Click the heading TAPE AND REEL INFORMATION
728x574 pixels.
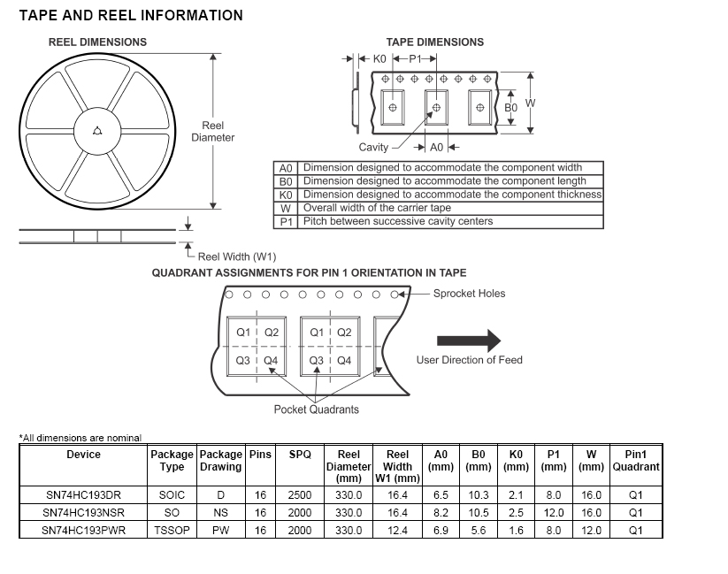(131, 16)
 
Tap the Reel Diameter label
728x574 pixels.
(213, 132)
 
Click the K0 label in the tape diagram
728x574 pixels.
(379, 59)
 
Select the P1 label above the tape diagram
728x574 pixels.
(415, 59)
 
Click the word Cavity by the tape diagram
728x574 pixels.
(373, 147)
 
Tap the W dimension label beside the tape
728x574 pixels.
(530, 103)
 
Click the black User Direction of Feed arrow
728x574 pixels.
(469, 341)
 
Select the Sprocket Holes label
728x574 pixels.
(469, 294)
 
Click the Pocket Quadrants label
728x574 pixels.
(317, 409)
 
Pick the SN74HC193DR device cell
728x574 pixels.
(84, 495)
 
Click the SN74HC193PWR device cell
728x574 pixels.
(84, 530)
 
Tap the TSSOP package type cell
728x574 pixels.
(172, 530)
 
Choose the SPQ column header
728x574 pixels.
(300, 455)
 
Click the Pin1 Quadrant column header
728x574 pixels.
(635, 461)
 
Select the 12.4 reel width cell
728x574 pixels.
(398, 530)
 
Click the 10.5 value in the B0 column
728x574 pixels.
(479, 513)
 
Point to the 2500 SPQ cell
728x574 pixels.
(300, 495)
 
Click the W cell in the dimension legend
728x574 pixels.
(286, 208)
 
